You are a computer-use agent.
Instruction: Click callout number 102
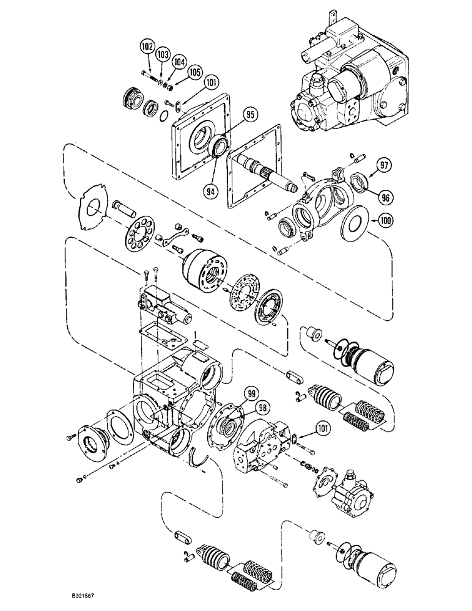[x=147, y=46]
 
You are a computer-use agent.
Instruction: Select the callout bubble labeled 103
[x=163, y=55]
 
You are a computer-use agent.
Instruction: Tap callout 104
[x=179, y=62]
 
